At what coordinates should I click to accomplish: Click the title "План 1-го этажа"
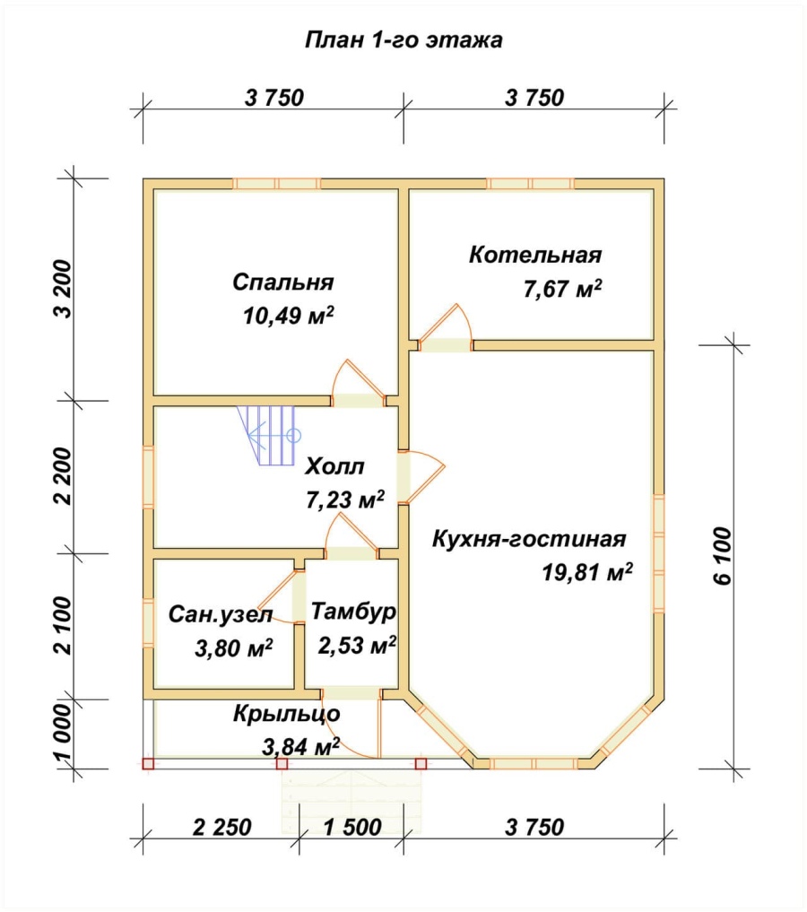(x=403, y=40)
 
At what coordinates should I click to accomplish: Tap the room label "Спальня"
(x=283, y=282)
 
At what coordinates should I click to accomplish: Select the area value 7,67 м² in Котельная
(x=562, y=289)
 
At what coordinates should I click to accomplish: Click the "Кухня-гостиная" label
(x=529, y=539)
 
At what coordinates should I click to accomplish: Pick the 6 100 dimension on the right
(x=723, y=556)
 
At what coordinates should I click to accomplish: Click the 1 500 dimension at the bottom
(x=352, y=827)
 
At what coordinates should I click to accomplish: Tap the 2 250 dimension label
(x=222, y=827)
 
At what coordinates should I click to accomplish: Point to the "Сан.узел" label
(x=221, y=615)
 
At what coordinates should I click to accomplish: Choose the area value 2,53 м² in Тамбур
(x=357, y=645)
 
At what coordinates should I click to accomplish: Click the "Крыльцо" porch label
(x=287, y=714)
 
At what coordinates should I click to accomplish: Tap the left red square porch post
(x=148, y=764)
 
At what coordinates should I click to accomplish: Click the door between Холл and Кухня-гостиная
(x=421, y=476)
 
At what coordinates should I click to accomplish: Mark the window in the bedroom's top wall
(x=277, y=184)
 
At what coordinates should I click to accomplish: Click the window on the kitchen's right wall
(x=658, y=553)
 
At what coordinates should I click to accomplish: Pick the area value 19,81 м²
(x=588, y=573)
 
